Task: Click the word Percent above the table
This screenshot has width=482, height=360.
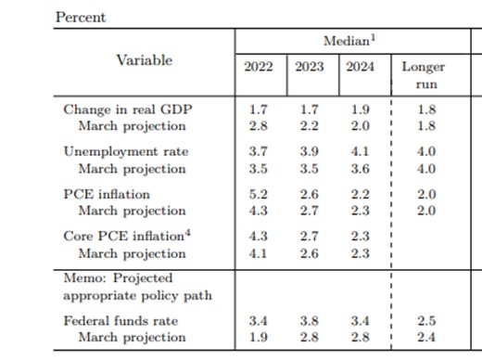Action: click(81, 18)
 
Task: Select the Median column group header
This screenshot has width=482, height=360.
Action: click(349, 41)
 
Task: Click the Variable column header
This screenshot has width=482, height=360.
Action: click(145, 60)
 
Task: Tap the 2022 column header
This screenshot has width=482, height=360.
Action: click(259, 67)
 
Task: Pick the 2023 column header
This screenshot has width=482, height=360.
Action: click(310, 67)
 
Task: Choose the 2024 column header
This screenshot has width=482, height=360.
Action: click(361, 67)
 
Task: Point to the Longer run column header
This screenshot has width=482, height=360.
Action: click(424, 75)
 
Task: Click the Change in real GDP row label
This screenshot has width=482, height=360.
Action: click(128, 109)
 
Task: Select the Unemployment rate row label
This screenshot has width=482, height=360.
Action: click(126, 152)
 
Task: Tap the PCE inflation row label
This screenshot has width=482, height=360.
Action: click(107, 194)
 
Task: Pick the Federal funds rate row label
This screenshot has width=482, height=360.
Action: click(120, 321)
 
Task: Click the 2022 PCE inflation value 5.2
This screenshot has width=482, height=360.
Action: click(259, 194)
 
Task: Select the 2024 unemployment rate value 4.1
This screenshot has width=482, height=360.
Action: click(361, 152)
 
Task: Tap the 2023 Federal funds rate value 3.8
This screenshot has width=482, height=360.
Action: click(310, 321)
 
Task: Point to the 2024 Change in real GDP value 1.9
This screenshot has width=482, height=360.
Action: click(361, 109)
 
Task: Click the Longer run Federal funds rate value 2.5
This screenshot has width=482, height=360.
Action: click(426, 321)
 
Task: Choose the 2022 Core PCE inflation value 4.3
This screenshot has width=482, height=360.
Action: click(259, 237)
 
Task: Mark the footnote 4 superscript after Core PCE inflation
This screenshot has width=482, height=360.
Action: click(188, 233)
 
